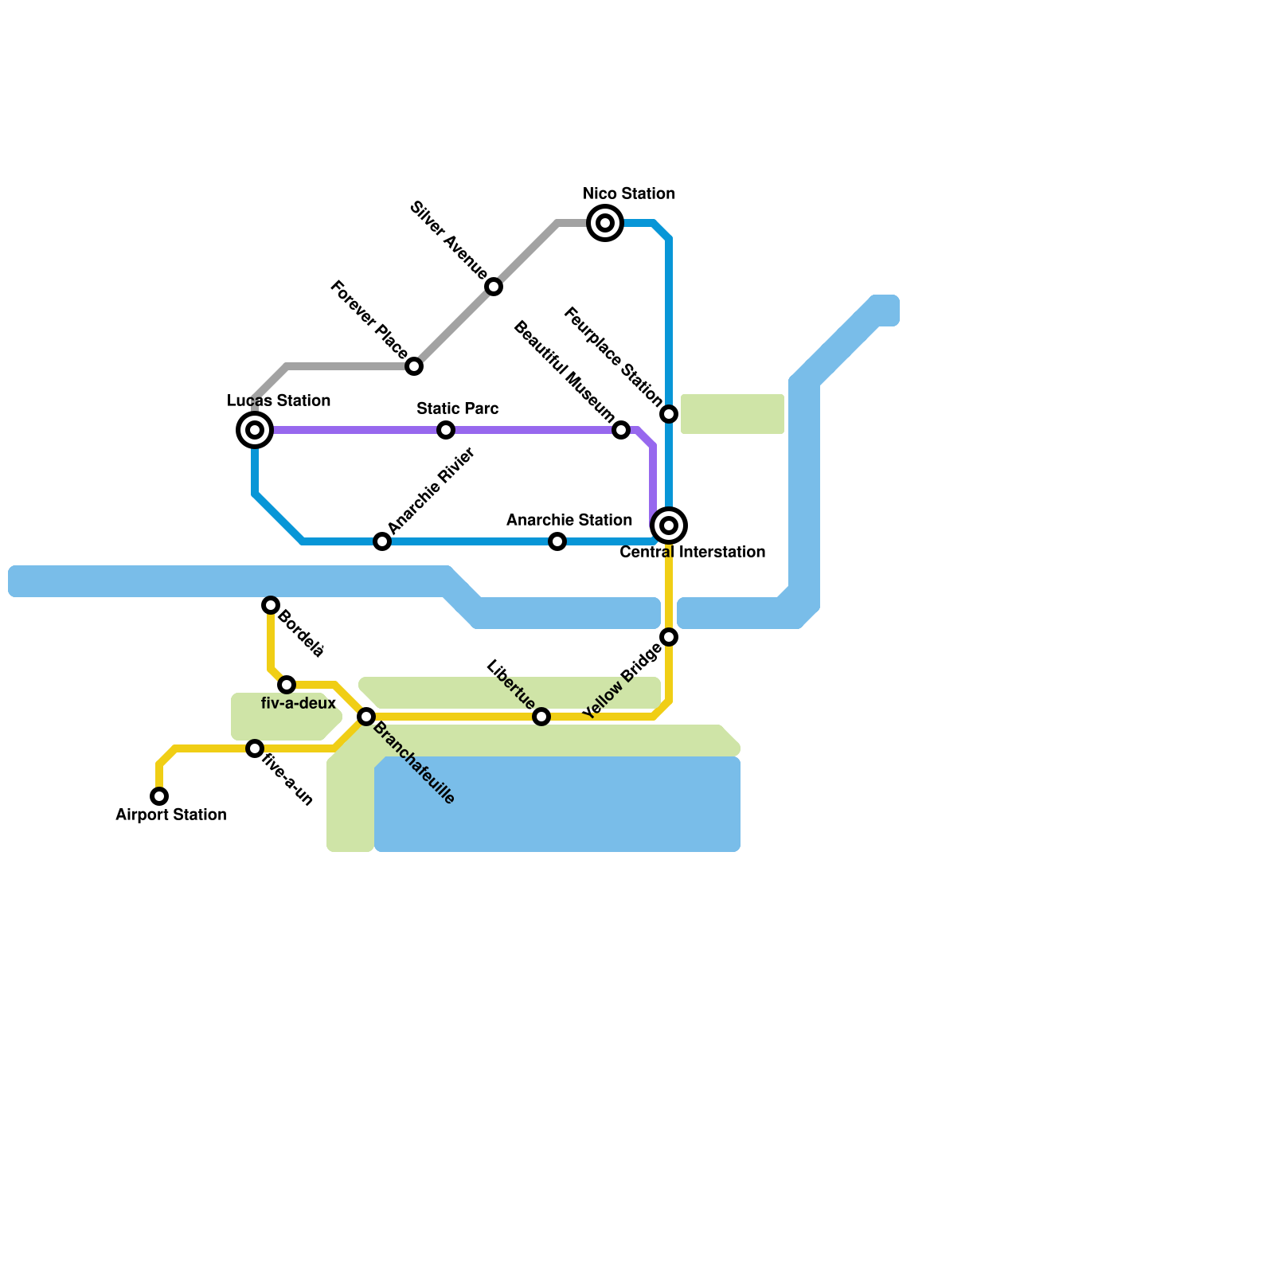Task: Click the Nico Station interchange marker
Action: point(605,223)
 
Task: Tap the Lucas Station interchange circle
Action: point(255,430)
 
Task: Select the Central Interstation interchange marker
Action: point(669,526)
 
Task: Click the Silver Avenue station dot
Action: point(494,287)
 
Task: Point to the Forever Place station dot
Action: point(414,366)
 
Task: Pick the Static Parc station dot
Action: point(446,430)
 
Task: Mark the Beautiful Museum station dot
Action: point(621,430)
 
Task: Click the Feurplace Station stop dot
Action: point(669,414)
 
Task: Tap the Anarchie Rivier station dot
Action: point(382,541)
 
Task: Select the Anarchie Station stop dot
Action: point(557,541)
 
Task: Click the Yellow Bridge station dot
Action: point(669,637)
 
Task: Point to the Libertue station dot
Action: point(541,717)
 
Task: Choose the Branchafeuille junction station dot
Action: point(366,717)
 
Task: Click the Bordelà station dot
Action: point(271,605)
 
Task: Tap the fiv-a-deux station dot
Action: point(287,685)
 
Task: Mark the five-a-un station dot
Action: point(255,748)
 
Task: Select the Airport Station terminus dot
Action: point(159,796)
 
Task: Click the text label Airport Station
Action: point(171,815)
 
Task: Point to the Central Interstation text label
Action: point(692,552)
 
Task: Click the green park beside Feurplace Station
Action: point(733,414)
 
